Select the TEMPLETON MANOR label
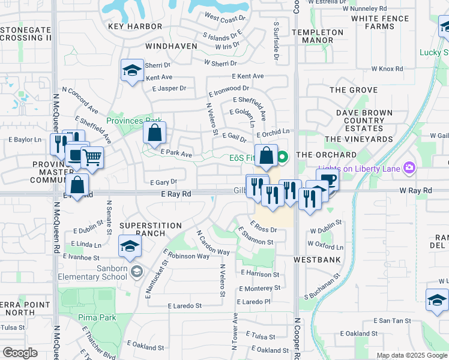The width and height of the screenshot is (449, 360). click(318, 36)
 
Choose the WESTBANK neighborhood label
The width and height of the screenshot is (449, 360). click(317, 260)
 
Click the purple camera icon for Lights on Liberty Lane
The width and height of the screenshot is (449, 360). click(409, 167)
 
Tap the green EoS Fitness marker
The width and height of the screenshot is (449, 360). click(282, 158)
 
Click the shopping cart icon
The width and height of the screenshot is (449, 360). click(92, 158)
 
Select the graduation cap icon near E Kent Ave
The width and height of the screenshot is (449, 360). click(131, 70)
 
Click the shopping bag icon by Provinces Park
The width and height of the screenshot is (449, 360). click(154, 133)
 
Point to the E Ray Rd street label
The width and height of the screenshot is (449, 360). click(176, 194)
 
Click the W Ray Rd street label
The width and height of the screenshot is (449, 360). click(416, 190)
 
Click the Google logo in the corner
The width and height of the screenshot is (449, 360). click(20, 353)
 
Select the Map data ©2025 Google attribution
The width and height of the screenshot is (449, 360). click(411, 355)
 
